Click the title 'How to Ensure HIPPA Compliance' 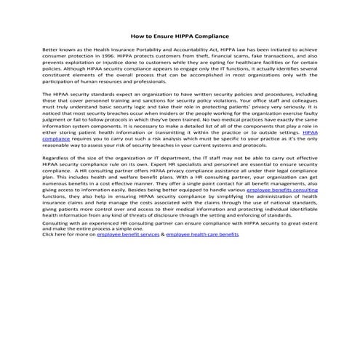point(180,35)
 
